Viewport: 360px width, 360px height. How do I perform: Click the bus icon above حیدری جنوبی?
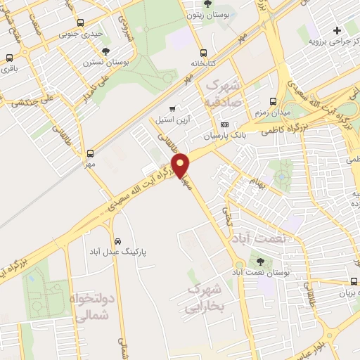point(82,23)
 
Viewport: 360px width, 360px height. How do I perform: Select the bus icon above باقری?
point(10,59)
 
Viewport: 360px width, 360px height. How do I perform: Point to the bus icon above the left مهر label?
point(90,154)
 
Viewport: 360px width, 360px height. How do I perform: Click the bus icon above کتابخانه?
point(203,53)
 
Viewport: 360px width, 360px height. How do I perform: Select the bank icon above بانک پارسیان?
point(224,125)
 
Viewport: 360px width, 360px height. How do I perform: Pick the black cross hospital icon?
point(337,30)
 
